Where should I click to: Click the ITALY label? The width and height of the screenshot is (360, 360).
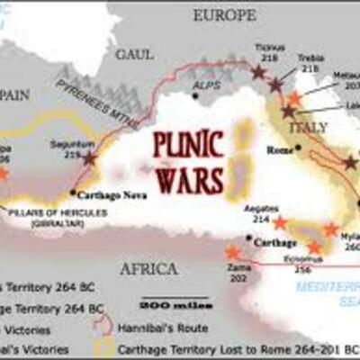pyautogui.click(x=316, y=129)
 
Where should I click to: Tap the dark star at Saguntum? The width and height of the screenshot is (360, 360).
pyautogui.click(x=89, y=157)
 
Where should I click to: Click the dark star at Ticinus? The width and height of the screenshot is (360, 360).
pyautogui.click(x=259, y=71)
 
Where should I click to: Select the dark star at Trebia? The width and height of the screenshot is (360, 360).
pyautogui.click(x=275, y=86)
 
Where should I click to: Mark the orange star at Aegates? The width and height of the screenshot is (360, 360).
pyautogui.click(x=280, y=222)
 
